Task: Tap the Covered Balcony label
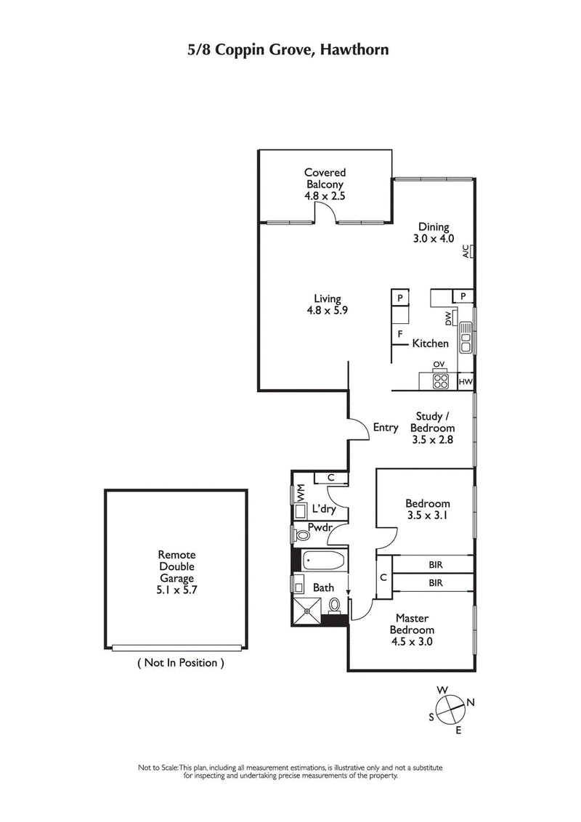[325, 184]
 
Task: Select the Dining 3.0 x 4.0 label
[433, 232]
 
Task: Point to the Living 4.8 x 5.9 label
[327, 304]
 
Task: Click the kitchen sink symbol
[465, 338]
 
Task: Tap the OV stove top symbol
[439, 381]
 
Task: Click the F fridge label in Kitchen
[399, 334]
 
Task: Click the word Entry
[386, 428]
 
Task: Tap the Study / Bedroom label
[435, 428]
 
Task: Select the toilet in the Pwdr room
[304, 535]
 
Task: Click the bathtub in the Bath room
[325, 561]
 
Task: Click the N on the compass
[471, 701]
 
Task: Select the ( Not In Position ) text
[180, 662]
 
